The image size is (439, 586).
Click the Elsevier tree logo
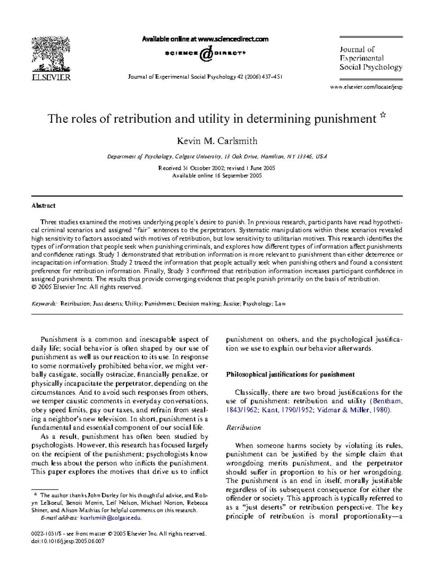(51, 54)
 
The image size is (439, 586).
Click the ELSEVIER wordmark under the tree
(51, 77)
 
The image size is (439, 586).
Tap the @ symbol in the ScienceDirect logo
(206, 54)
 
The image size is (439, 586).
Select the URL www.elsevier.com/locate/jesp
(366, 87)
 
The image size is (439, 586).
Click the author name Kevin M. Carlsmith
(217, 141)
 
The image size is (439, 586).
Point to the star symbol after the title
(383, 115)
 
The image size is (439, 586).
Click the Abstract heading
(43, 206)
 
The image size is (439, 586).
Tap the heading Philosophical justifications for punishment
(290, 375)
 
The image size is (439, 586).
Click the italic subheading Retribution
(243, 428)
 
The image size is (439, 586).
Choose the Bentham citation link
(387, 401)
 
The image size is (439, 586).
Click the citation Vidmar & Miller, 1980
(352, 410)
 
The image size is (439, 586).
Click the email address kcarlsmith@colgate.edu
(110, 518)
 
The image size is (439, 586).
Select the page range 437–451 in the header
(272, 77)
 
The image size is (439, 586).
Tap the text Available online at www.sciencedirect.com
(205, 39)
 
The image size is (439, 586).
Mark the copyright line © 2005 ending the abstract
(86, 287)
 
